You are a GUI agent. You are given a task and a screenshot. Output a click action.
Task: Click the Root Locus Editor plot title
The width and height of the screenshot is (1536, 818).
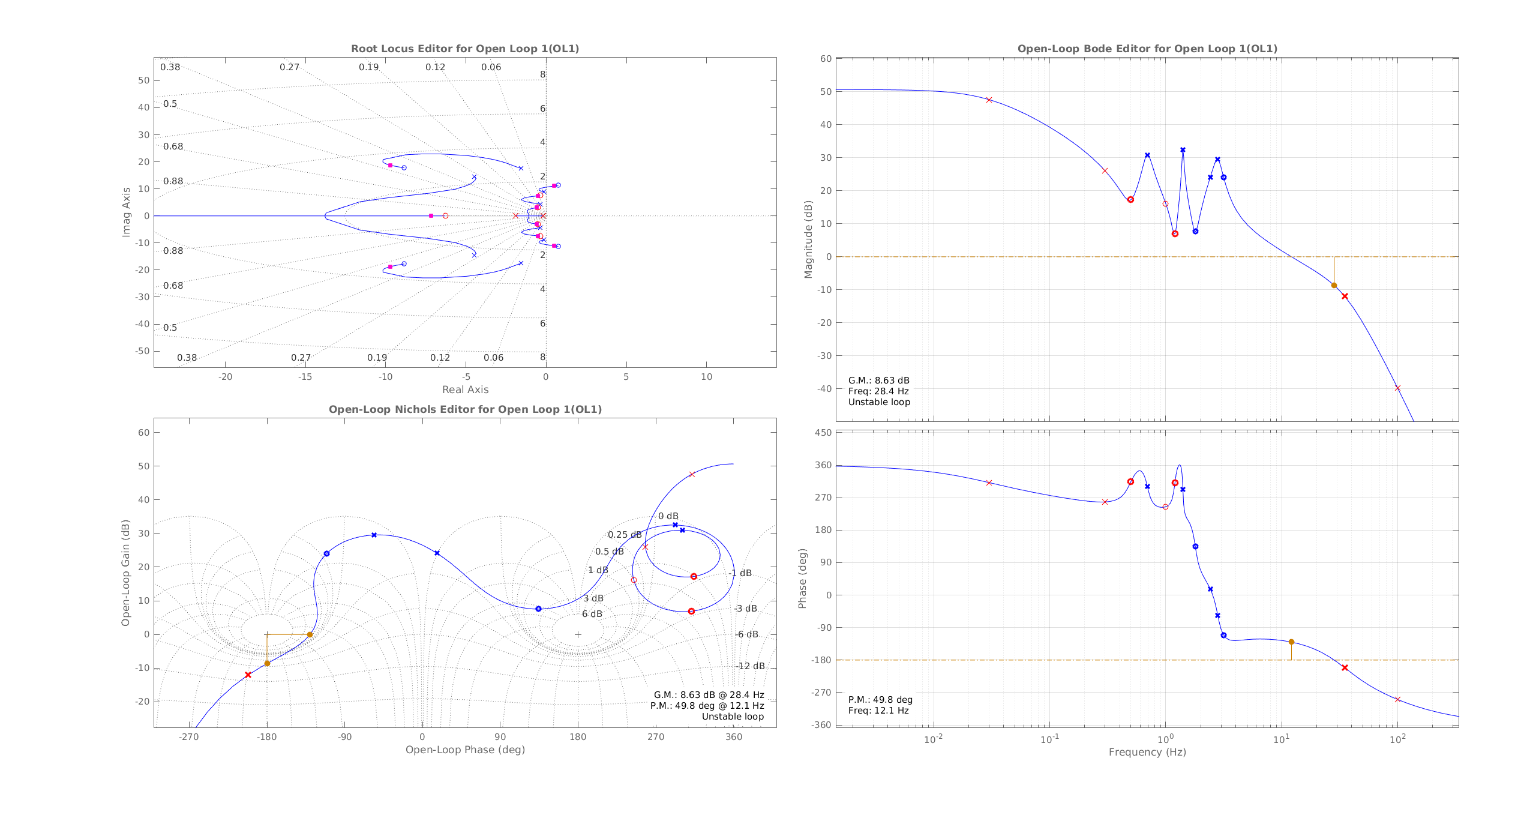465,49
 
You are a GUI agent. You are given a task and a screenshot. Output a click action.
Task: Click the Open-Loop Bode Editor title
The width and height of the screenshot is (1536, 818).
1147,49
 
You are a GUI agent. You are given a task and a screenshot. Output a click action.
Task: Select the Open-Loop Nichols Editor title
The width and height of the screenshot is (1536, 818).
465,409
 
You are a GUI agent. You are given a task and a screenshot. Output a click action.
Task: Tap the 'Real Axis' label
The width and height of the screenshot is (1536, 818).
465,389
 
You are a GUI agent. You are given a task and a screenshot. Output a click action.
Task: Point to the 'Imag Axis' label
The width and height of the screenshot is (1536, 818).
126,212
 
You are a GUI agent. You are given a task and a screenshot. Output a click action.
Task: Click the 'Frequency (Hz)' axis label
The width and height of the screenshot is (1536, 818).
1147,752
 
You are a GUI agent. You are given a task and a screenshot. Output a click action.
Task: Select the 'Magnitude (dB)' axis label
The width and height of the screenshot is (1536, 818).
808,239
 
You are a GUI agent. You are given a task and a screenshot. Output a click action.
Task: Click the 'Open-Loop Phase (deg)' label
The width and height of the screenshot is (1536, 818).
465,750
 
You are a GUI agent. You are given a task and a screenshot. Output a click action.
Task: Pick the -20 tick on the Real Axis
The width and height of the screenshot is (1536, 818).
225,377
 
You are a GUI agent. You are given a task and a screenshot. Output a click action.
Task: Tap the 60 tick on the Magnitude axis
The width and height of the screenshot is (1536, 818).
826,59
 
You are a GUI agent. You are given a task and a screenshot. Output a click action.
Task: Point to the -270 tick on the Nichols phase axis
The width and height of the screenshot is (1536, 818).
189,737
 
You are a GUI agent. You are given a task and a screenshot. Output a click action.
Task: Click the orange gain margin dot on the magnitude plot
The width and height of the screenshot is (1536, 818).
1334,286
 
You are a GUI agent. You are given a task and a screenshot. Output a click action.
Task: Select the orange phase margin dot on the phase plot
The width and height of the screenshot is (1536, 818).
1291,642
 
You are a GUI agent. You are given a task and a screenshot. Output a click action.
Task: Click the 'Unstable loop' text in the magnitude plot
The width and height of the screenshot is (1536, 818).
879,402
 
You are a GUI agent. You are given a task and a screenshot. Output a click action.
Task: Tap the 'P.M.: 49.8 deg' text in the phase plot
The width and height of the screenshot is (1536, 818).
880,700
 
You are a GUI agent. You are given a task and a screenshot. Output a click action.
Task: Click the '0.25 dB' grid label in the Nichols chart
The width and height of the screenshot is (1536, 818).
625,535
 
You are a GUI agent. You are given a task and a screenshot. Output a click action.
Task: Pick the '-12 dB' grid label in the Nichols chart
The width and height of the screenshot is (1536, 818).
751,666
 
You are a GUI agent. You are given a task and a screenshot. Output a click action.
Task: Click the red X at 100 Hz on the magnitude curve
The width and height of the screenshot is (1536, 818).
1397,388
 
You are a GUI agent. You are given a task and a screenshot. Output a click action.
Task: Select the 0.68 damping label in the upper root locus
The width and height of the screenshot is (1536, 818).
173,146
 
